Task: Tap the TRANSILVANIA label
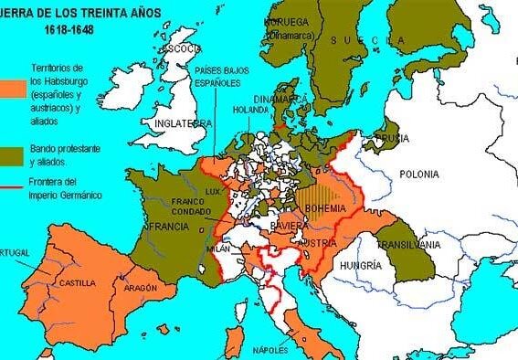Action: point(403,245)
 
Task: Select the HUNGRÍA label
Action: point(359,265)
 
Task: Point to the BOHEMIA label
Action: point(325,208)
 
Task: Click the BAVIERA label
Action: point(291,224)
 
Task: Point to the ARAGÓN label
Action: point(132,286)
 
